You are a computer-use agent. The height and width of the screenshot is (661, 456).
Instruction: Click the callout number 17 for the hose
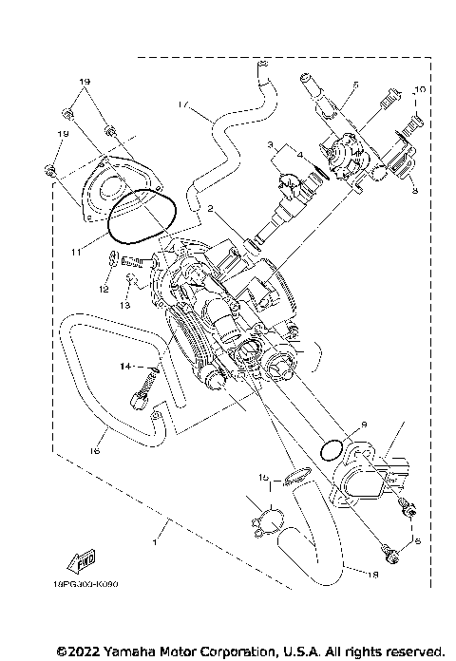182,102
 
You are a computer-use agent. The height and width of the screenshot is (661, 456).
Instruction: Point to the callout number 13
124,306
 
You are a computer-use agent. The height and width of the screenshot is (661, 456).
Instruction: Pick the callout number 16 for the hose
96,452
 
